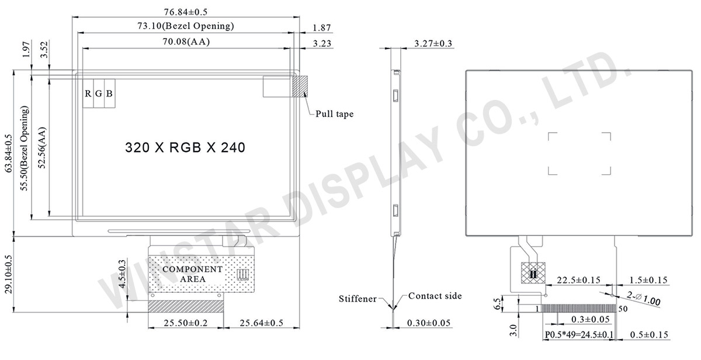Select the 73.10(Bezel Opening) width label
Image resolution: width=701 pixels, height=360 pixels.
(186, 26)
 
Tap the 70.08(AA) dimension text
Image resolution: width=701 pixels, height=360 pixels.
(186, 41)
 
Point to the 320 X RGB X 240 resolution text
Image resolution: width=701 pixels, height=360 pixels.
(185, 147)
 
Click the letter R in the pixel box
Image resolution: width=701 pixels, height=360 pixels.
(88, 94)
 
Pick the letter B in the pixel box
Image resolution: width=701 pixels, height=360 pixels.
(109, 94)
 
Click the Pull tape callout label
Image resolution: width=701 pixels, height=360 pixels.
(335, 114)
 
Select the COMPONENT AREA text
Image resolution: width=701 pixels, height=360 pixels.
(192, 274)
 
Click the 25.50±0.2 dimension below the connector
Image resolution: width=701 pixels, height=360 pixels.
(185, 323)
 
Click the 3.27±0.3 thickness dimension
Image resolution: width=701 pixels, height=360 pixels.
(433, 44)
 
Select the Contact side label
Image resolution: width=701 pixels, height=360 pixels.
(435, 296)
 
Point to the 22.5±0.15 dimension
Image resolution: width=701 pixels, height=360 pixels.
(578, 280)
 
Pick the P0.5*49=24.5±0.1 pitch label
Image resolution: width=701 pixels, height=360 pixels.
(579, 334)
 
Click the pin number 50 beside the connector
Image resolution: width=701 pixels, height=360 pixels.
(623, 308)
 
